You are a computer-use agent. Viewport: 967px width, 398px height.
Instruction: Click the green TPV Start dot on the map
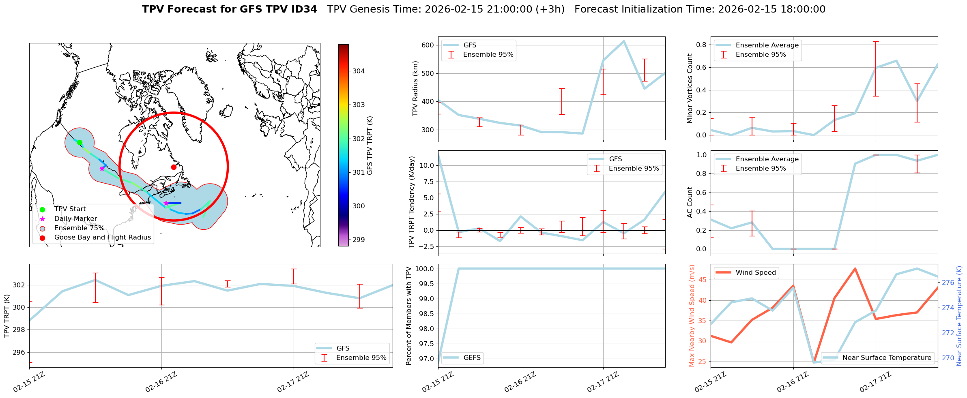click(80, 143)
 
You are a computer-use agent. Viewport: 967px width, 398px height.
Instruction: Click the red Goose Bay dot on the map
click(174, 167)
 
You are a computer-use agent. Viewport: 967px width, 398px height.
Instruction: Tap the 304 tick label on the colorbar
click(359, 71)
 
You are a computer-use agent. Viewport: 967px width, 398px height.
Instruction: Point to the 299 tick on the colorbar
click(359, 240)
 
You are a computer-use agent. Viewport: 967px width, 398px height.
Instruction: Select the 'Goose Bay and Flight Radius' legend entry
click(102, 238)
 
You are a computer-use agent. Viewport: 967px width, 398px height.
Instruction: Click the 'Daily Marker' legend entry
click(75, 219)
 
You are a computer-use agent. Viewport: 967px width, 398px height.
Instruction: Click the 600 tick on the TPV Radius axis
click(428, 45)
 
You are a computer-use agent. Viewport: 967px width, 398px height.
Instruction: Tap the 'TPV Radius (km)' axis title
click(415, 88)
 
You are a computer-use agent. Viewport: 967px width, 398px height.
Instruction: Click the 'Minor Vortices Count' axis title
click(690, 88)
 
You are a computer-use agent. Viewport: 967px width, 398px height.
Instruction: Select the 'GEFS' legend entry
click(472, 358)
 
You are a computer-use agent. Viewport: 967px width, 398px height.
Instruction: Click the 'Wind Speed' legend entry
click(755, 273)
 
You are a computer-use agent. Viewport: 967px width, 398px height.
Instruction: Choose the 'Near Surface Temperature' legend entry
click(886, 358)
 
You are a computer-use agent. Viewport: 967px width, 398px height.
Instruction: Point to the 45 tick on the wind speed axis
click(703, 280)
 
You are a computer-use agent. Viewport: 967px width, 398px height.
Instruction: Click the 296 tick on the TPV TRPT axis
click(19, 352)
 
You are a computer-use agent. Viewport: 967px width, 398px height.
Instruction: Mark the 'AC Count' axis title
click(690, 202)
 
